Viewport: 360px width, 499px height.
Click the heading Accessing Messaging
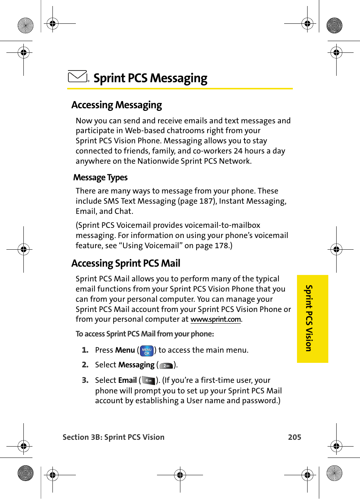[117, 105]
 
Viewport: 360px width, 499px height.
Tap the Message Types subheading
[100, 177]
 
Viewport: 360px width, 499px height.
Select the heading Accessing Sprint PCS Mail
[126, 263]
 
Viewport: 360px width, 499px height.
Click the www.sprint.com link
[215, 319]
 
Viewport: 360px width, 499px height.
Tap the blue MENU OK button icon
[147, 351]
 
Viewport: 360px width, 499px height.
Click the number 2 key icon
[166, 365]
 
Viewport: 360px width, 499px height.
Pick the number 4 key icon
[149, 381]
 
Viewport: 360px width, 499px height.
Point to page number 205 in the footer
[294, 437]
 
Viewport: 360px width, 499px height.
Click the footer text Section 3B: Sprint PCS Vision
[113, 437]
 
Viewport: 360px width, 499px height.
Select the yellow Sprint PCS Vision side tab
[312, 319]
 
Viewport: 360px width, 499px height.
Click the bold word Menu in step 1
[125, 350]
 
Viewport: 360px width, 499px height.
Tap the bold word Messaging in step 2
[136, 365]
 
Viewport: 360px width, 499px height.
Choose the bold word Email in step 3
[127, 380]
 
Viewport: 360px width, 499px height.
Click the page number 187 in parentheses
[206, 201]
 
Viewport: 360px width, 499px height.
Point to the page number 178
[222, 246]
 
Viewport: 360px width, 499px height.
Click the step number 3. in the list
[85, 380]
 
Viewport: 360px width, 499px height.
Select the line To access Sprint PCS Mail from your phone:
[145, 334]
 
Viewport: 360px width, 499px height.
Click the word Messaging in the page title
[178, 78]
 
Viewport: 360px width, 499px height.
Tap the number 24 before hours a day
[238, 151]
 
